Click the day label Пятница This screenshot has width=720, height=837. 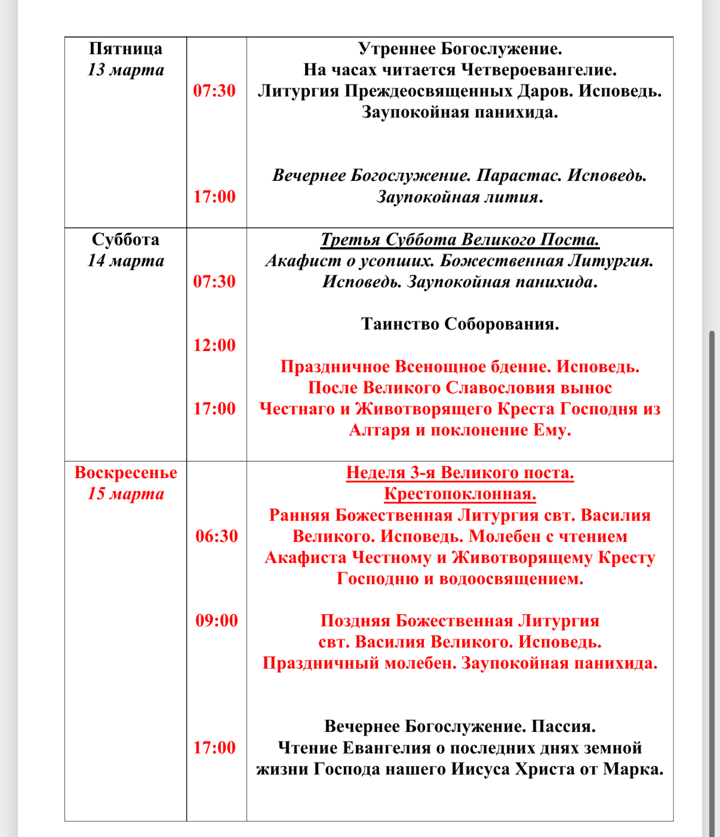coord(125,49)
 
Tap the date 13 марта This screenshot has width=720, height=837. coord(125,70)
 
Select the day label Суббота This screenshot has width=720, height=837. coord(125,240)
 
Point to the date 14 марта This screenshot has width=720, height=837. coord(125,261)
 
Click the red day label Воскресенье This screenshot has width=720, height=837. coord(125,473)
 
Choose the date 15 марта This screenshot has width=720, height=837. coord(125,494)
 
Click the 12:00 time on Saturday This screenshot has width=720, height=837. coord(214,345)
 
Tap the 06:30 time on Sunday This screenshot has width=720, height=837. coord(217,536)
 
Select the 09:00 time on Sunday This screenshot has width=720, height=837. coord(217,621)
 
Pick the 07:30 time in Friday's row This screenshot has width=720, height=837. coord(214,91)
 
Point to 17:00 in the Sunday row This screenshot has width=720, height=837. coord(214,747)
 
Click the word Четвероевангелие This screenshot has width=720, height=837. coord(539,70)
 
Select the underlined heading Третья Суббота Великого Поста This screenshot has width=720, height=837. coord(460,240)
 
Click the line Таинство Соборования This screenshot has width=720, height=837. coord(460,324)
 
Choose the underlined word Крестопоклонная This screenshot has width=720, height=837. coord(460,494)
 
